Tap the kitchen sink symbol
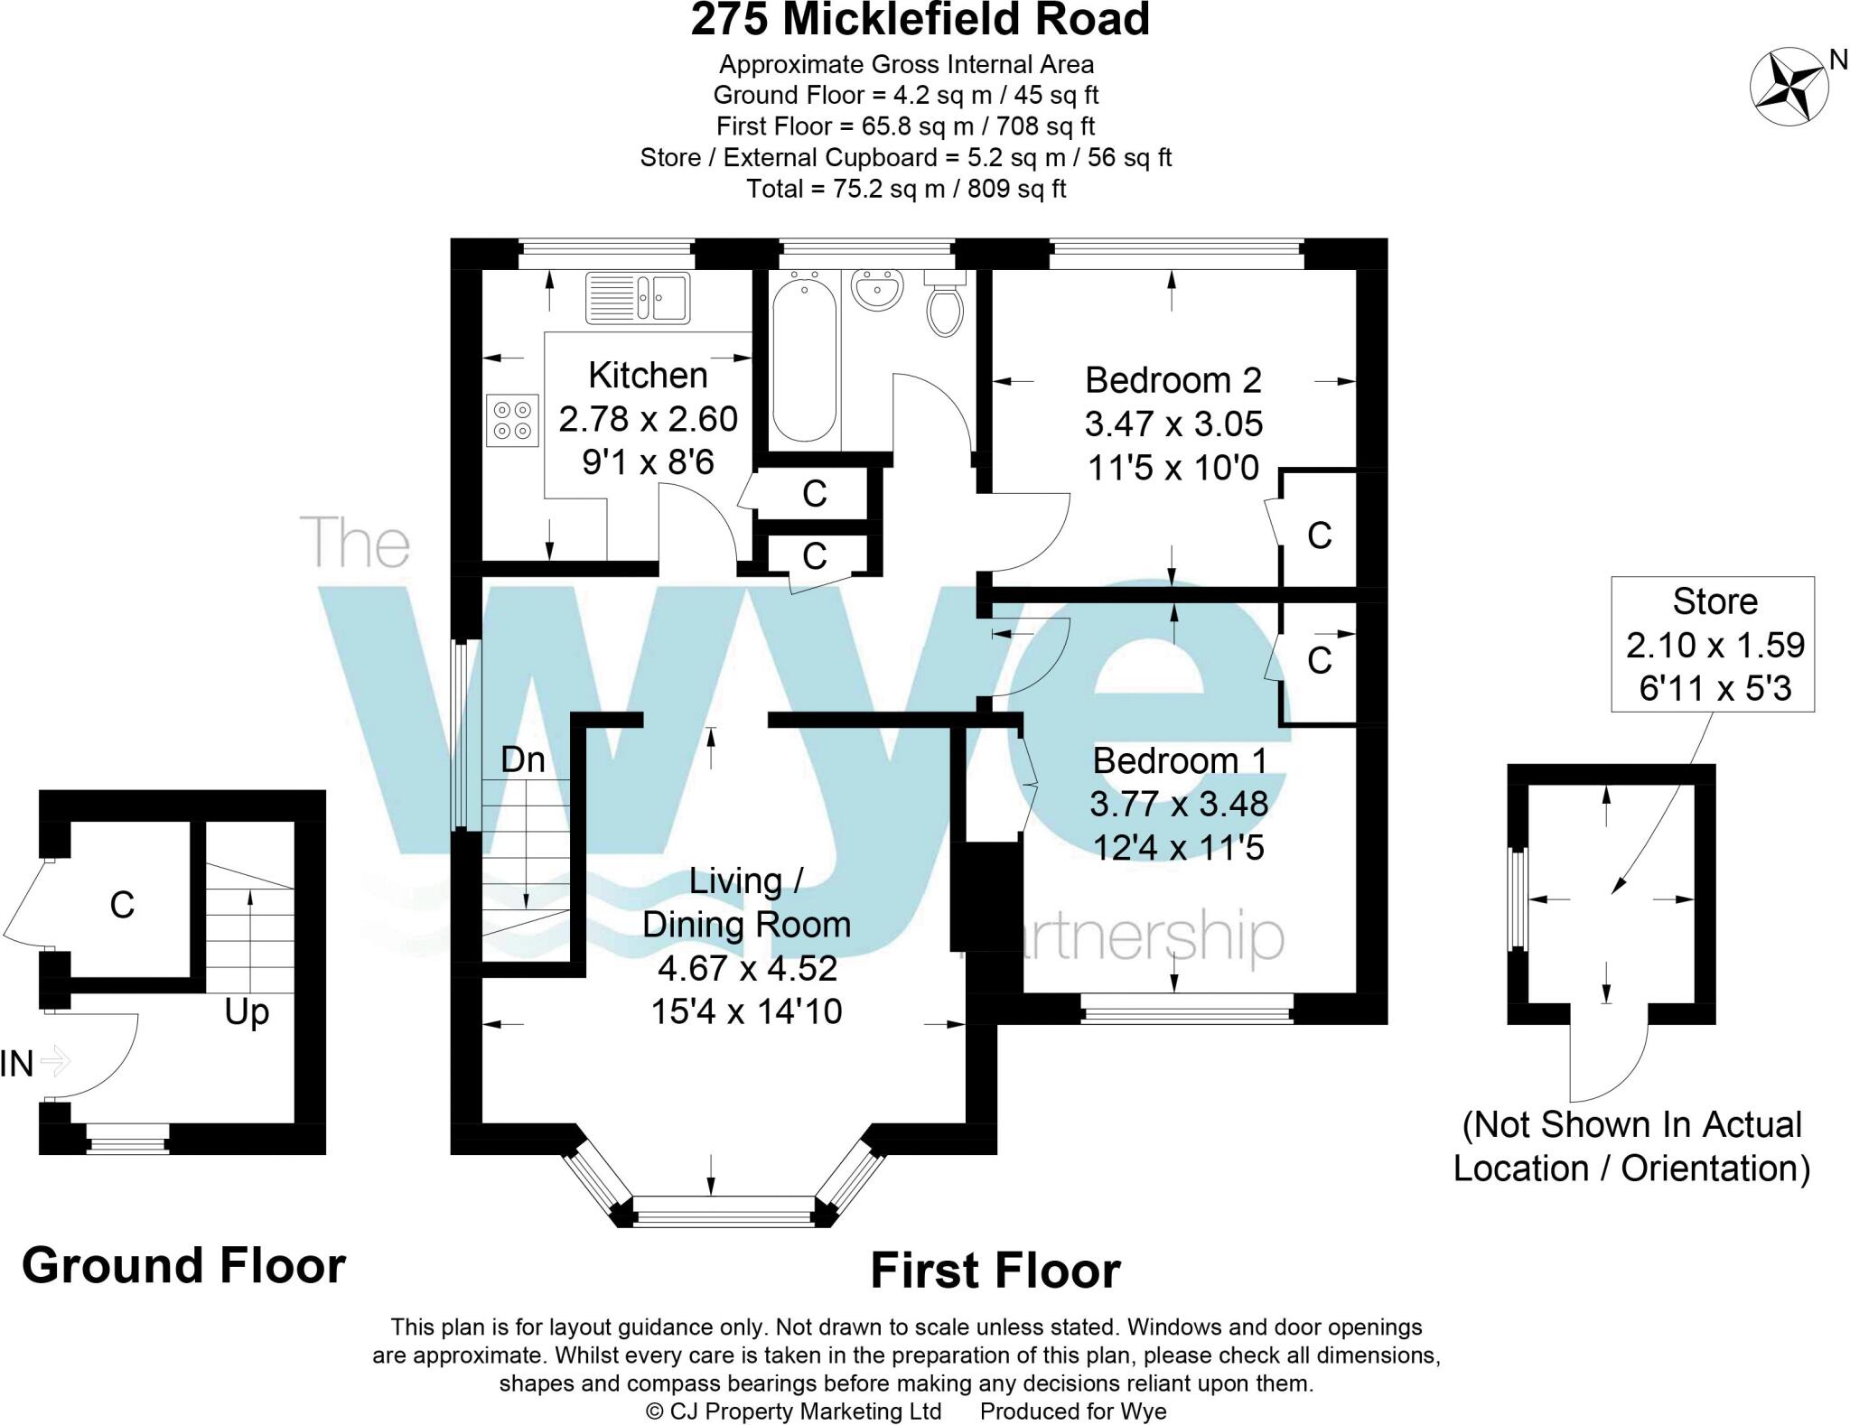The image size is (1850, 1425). pyautogui.click(x=638, y=297)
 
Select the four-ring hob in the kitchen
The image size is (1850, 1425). pyautogui.click(x=512, y=420)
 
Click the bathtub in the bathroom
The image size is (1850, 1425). pyautogui.click(x=804, y=359)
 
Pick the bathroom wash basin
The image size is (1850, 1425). pyautogui.click(x=876, y=290)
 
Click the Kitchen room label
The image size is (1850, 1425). pyautogui.click(x=648, y=375)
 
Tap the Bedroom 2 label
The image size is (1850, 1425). pyautogui.click(x=1173, y=380)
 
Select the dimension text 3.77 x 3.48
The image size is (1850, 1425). pyautogui.click(x=1178, y=804)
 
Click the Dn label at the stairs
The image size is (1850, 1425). pyautogui.click(x=523, y=759)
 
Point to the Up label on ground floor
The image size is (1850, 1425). pyautogui.click(x=247, y=1012)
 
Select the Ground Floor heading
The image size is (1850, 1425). pyautogui.click(x=183, y=1265)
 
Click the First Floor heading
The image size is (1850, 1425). pyautogui.click(x=995, y=1271)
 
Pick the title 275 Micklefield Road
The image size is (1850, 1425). pyautogui.click(x=920, y=21)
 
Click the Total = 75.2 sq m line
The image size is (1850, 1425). pyautogui.click(x=906, y=189)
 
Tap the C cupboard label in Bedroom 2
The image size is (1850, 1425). pyautogui.click(x=1319, y=536)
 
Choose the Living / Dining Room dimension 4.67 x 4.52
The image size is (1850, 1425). pyautogui.click(x=746, y=968)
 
